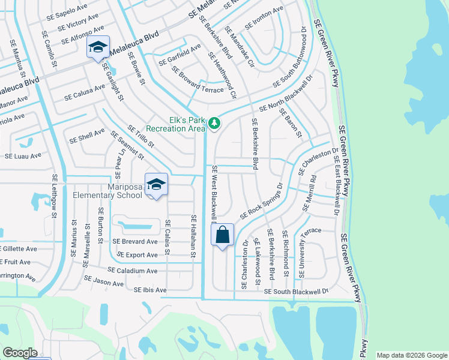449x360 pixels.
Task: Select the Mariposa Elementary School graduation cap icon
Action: (156, 184)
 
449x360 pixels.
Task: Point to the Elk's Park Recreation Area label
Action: (176, 124)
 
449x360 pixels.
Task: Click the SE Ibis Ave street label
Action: (150, 290)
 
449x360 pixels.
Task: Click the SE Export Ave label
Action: (137, 255)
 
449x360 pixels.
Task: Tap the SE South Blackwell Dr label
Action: (297, 292)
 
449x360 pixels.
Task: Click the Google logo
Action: (20, 353)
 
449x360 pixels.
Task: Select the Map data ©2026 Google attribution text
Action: (412, 355)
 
